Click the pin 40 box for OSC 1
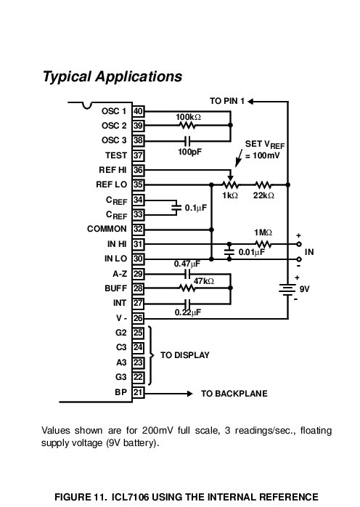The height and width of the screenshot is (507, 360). (138, 111)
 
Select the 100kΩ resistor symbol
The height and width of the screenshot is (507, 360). (187, 125)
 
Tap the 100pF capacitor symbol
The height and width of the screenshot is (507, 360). (187, 141)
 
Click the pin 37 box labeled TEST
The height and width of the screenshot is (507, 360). (138, 155)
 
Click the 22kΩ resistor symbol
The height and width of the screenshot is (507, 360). (263, 185)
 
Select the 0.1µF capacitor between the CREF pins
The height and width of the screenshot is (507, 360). (176, 207)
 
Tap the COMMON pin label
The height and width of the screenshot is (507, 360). (107, 229)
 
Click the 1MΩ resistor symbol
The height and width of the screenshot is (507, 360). (263, 244)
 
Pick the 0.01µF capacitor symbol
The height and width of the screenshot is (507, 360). (229, 251)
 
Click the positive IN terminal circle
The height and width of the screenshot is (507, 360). (299, 244)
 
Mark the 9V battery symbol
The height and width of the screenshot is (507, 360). (287, 289)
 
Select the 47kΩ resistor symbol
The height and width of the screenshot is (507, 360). (187, 288)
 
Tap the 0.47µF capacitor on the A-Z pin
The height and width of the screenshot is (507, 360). (187, 274)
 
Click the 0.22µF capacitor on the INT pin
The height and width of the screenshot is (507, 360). (187, 304)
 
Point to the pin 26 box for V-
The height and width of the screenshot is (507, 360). (138, 318)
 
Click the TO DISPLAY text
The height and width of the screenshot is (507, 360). (185, 355)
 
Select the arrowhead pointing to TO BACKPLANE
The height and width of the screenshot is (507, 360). (190, 394)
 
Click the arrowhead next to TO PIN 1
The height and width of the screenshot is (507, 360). (250, 102)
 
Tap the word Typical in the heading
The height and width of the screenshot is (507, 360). (67, 77)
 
